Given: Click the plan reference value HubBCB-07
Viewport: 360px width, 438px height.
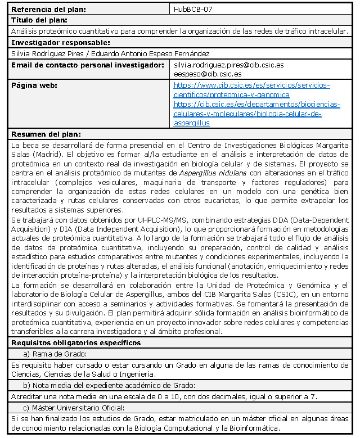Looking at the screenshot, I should point(193,10).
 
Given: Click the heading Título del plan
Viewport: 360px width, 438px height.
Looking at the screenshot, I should point(39,20).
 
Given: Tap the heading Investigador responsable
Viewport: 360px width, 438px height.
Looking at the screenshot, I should point(60,43).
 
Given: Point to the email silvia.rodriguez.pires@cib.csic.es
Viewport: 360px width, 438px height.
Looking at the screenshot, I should point(228,65).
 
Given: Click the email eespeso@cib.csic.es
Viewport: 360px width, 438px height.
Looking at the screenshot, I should point(208,74).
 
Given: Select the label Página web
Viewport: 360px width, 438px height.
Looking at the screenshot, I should point(34,85).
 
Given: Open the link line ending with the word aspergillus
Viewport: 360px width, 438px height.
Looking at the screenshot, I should point(192,123).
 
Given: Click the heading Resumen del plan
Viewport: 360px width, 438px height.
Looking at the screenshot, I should point(46,134).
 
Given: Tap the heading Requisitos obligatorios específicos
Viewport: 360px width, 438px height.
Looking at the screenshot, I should point(76,342).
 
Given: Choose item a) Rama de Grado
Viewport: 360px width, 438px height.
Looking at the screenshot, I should point(54,354).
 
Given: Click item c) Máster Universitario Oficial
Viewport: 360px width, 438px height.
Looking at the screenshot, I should point(73,408).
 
